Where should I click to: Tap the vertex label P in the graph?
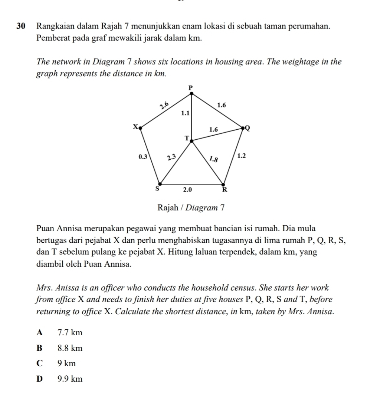(x=191, y=87)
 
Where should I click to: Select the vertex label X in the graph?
(x=135, y=126)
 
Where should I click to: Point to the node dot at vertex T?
(x=191, y=141)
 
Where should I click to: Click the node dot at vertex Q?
(x=243, y=128)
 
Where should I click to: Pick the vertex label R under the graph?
(x=224, y=190)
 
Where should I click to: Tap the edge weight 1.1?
(x=185, y=113)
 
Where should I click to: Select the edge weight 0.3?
(x=142, y=156)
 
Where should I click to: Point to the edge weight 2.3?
(x=171, y=156)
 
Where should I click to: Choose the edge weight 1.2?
(x=241, y=156)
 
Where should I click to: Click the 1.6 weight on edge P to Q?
(x=221, y=105)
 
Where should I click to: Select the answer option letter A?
(x=40, y=333)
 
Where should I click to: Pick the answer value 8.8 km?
(x=70, y=348)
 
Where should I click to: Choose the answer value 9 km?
(x=67, y=363)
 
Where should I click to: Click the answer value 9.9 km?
(x=70, y=379)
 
